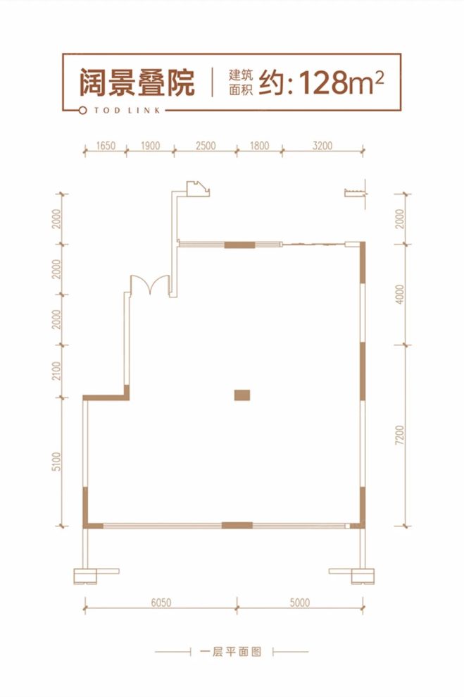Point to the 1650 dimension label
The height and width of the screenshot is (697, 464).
click(105, 146)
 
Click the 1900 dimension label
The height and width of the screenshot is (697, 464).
click(150, 146)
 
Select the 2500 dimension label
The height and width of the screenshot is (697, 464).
click(204, 146)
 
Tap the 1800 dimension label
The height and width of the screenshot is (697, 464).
click(259, 146)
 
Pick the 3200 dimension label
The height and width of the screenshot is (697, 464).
click(323, 146)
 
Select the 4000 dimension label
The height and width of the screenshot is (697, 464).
click(401, 295)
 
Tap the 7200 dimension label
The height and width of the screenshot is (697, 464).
click(401, 436)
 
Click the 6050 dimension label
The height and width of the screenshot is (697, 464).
click(161, 602)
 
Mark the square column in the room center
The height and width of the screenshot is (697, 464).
click(242, 395)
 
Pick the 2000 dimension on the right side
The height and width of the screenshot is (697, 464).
click(401, 219)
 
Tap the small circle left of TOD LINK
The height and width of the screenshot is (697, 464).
click(83, 111)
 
